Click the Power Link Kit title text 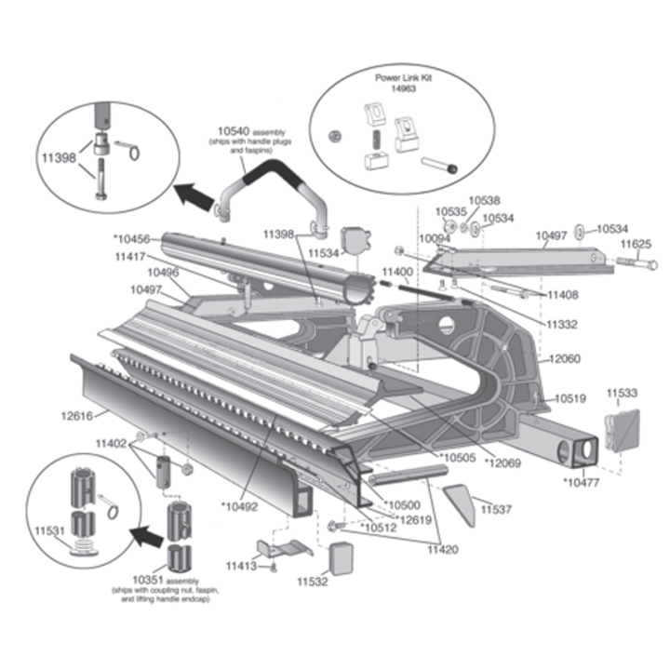coord(403,78)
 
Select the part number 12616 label coord(77,415)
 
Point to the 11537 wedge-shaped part coord(460,504)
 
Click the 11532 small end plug coord(342,559)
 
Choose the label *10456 coord(131,238)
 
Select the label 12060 coord(565,358)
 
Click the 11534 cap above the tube coord(355,240)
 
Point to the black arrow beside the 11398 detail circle coord(194,195)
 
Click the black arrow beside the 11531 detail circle coord(146,536)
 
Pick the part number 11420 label coord(443,549)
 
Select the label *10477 coord(582,482)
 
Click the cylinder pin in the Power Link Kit coord(439,165)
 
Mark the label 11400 coord(397,272)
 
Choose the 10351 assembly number coord(148,580)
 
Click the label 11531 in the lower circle coord(49,530)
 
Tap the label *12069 coord(502,462)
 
